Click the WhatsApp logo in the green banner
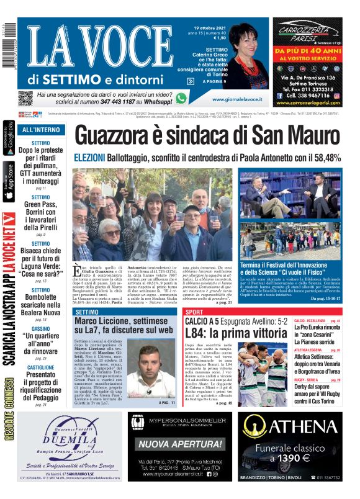(x=181, y=98)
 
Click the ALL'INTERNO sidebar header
(x=41, y=130)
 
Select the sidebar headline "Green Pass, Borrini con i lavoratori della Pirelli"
(x=41, y=215)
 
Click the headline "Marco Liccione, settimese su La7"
(x=124, y=326)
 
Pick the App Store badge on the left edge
(x=8, y=181)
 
